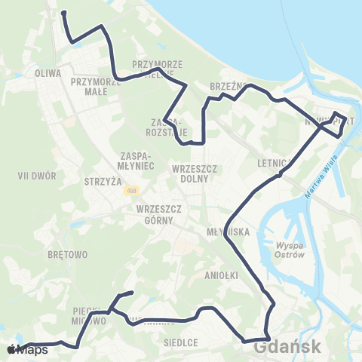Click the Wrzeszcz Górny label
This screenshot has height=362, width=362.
155,214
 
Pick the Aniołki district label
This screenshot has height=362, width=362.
222,277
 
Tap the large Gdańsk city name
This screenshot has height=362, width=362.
288,348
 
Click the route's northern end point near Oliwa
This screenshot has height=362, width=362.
63,13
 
